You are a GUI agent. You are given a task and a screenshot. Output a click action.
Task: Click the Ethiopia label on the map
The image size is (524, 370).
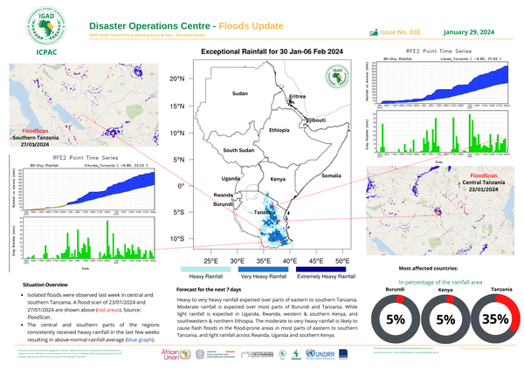pos(279,130)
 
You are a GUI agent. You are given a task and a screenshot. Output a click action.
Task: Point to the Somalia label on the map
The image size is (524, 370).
pos(331,175)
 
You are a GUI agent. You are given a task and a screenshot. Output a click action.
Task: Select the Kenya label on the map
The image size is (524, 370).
pos(279,179)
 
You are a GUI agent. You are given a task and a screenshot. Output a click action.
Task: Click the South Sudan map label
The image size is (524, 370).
pos(238,151)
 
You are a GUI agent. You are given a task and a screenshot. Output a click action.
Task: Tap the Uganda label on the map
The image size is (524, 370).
pos(254,177)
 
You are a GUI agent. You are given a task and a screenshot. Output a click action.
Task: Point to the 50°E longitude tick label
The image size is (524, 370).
pos(342,261)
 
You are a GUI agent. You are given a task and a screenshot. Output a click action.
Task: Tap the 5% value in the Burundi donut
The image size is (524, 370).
pos(395,319)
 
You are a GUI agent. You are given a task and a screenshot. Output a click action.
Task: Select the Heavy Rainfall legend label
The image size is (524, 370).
pos(205,276)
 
